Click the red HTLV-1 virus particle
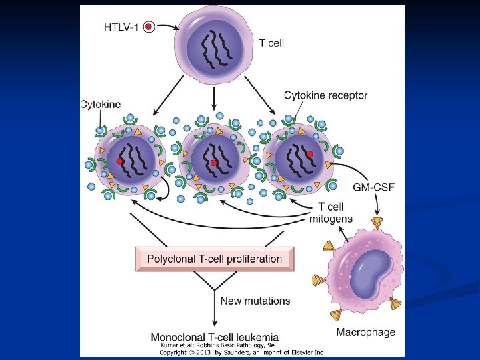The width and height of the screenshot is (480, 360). pyautogui.click(x=149, y=27)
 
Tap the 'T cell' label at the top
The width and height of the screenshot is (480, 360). pyautogui.click(x=271, y=43)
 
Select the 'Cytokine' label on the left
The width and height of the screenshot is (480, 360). pyautogui.click(x=100, y=104)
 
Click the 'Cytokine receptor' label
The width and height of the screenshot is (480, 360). pyautogui.click(x=325, y=95)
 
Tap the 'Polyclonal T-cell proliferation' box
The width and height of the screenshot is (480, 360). pyautogui.click(x=215, y=259)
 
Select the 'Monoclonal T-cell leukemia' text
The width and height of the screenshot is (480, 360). pyautogui.click(x=215, y=337)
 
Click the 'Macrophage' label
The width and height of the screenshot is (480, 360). pyautogui.click(x=365, y=332)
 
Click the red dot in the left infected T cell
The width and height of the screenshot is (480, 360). pyautogui.click(x=120, y=161)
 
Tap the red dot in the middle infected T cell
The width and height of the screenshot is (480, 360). pyautogui.click(x=214, y=163)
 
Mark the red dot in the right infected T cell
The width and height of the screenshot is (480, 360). pyautogui.click(x=310, y=155)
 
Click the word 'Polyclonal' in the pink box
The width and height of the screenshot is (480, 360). pyautogui.click(x=171, y=259)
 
